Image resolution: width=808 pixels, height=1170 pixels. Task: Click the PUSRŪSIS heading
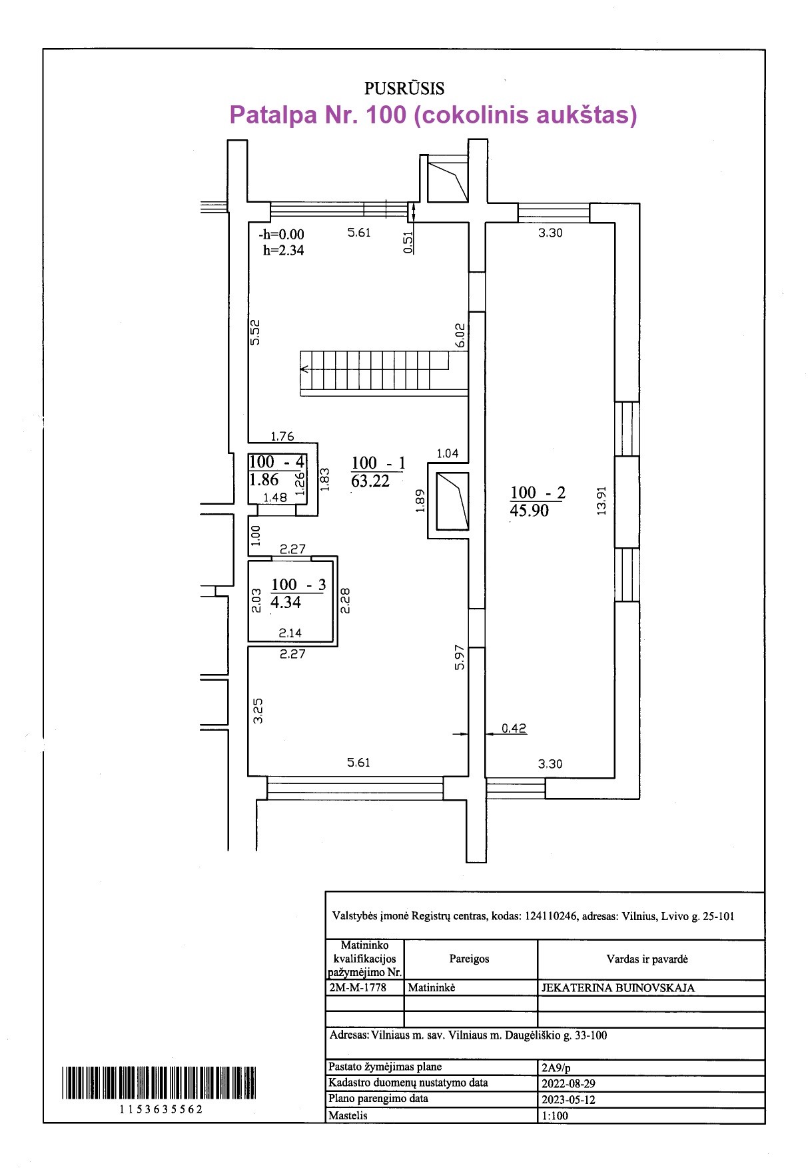coord(404,88)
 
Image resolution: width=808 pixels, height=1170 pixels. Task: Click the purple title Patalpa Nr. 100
coord(433,115)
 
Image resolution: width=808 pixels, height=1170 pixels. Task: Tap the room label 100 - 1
coord(378,463)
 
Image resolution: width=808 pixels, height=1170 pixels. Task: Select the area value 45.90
coord(529,511)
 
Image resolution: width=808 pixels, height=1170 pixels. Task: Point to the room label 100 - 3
coord(298,585)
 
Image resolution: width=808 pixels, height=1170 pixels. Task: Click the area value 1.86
coord(264,480)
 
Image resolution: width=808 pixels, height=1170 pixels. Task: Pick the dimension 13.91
coord(602,500)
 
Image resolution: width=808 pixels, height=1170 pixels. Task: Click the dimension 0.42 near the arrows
coord(514,728)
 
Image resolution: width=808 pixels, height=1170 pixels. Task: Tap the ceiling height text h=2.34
coord(283,251)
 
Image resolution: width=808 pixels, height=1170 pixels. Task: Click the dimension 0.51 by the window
coord(408,241)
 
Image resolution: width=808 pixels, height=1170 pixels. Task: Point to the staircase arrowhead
coord(304,369)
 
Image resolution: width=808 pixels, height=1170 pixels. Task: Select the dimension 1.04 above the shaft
coord(447,453)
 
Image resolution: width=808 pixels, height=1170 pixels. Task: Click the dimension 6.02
coord(460,335)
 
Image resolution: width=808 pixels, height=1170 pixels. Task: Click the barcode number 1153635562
coord(161,1109)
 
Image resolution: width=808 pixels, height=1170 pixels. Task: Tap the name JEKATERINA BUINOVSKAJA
coord(617,988)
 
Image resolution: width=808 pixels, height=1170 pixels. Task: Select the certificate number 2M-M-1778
coord(358,987)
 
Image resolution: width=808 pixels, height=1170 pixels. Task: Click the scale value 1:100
coord(555,1115)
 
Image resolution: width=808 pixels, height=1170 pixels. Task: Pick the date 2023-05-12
coord(568,1099)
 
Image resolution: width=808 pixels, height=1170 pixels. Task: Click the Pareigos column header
coord(469,959)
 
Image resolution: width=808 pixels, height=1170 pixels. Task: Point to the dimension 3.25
coord(258,711)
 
